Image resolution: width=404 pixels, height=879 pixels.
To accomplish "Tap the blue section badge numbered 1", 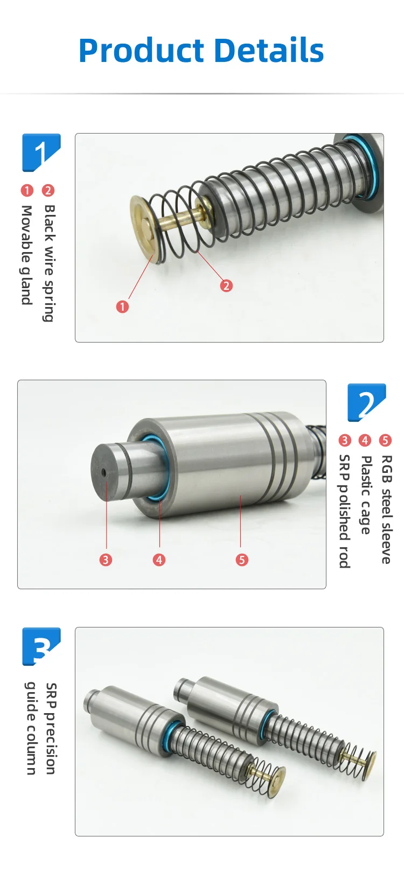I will point(41,152).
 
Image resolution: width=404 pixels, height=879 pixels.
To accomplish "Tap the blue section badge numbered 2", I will point(366,402).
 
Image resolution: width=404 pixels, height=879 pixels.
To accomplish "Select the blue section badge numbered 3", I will point(41,646).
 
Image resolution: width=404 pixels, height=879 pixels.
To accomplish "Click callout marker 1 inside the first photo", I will point(122,306).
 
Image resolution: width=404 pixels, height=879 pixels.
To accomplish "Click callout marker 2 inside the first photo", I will point(226,285).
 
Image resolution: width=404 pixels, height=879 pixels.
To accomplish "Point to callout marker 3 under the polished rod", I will point(106,560).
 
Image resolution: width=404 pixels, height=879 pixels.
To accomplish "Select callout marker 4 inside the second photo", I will point(159,560).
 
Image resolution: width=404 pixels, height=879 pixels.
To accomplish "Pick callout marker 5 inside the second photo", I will point(242,560).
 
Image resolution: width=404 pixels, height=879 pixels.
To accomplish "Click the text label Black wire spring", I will point(49,263).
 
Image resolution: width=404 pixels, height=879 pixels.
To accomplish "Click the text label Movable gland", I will point(26,255).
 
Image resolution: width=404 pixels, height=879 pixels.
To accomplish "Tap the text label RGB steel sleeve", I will point(386,509).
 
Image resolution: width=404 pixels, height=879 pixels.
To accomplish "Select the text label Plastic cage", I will point(366,494).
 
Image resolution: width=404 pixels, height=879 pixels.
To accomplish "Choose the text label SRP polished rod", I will point(344,511).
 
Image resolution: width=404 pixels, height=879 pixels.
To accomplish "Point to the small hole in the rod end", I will point(103,472).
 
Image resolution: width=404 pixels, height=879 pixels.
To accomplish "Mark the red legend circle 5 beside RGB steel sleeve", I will point(385,441).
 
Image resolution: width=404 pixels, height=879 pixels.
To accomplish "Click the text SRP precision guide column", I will point(41,728).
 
